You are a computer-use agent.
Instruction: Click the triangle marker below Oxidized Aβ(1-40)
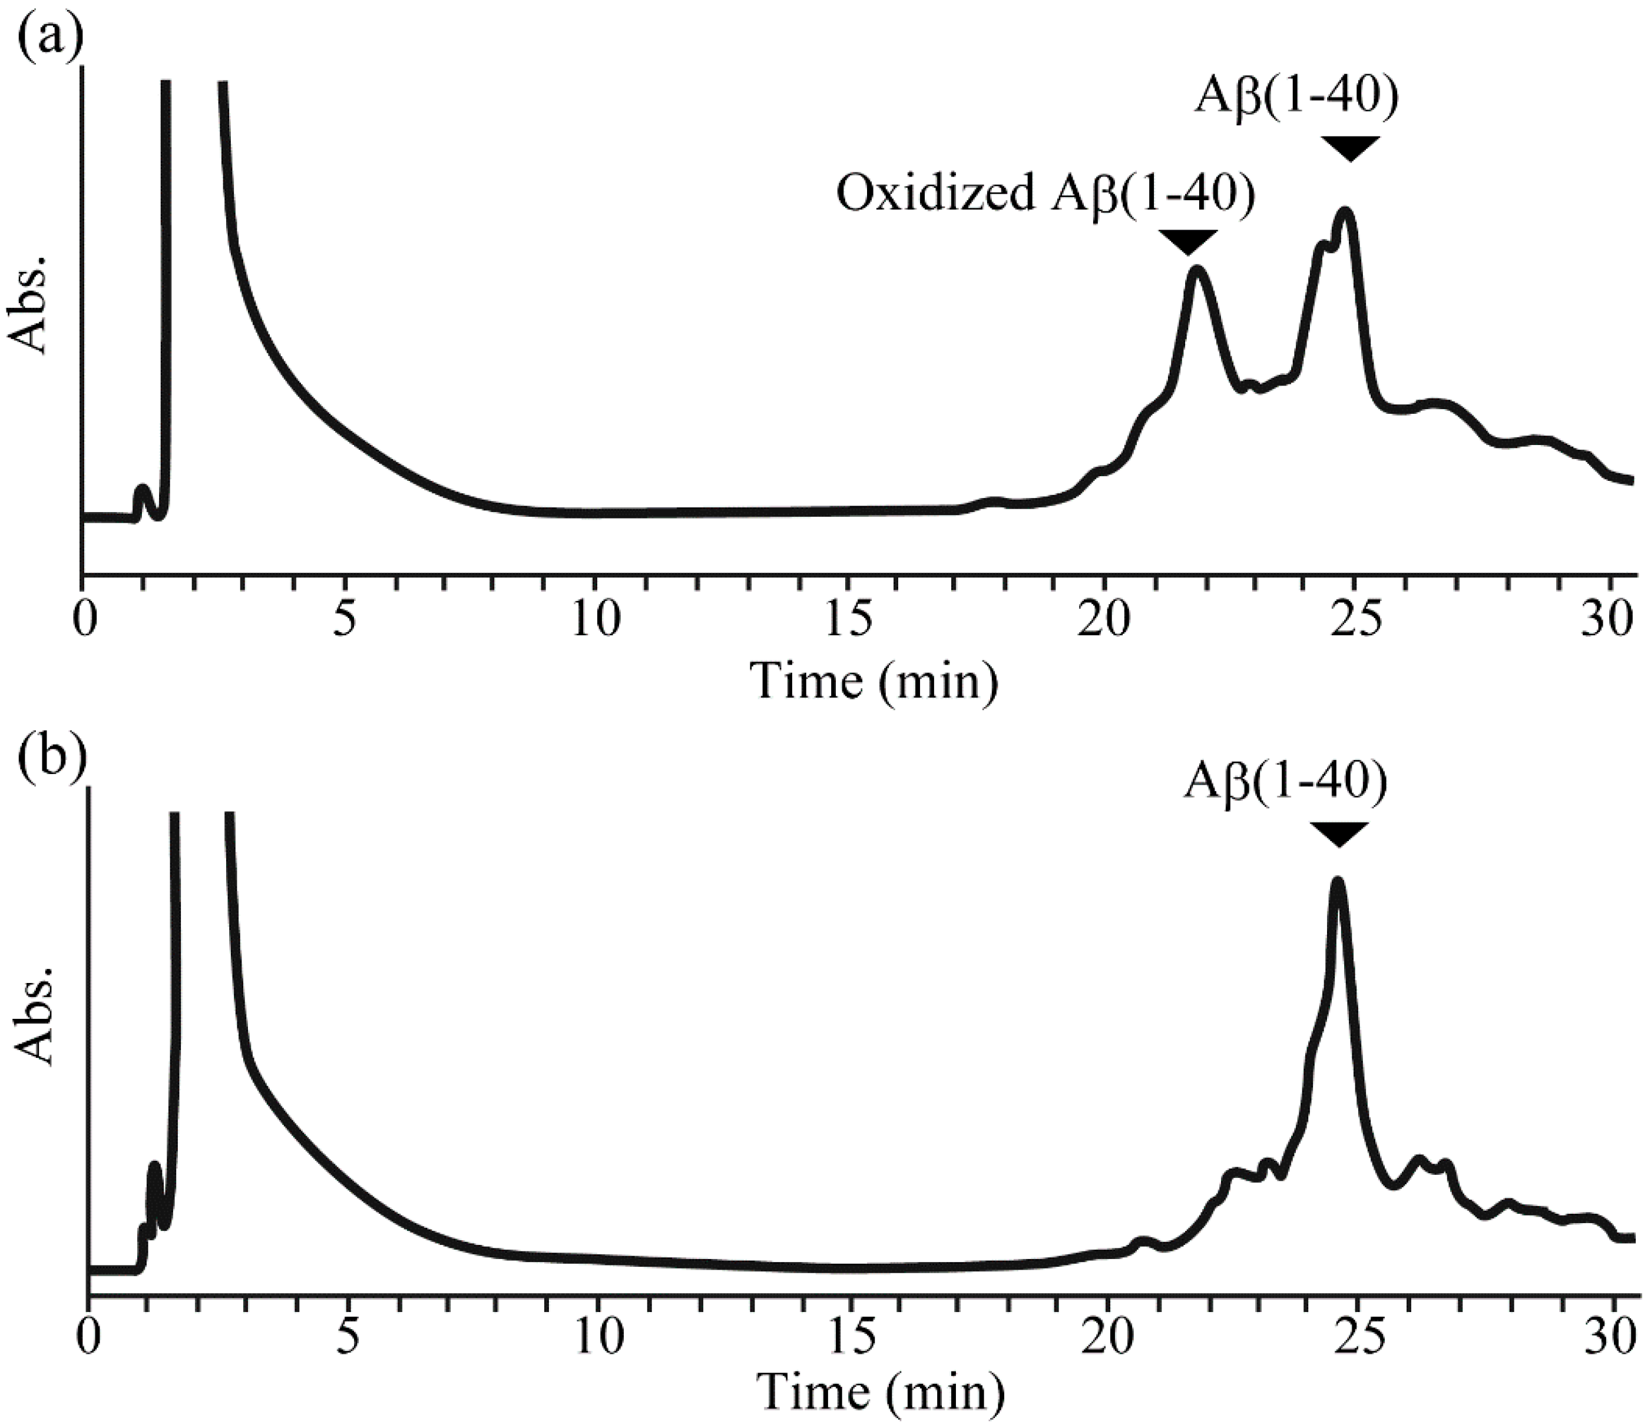click(x=1188, y=241)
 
